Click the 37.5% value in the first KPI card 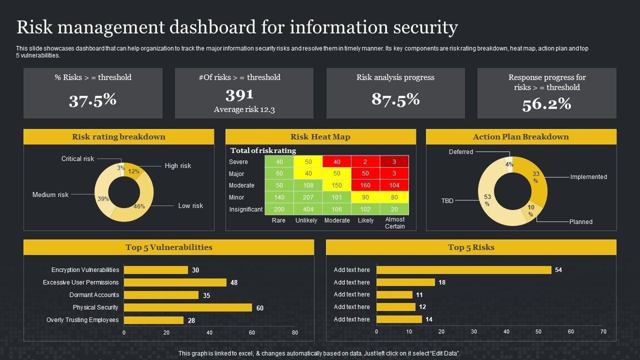[x=92, y=100]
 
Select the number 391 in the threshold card [x=239, y=94]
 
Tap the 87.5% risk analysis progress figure [x=395, y=99]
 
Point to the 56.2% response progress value [x=546, y=104]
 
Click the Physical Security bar [x=187, y=307]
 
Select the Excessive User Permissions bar [x=175, y=282]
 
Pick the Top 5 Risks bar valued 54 [x=463, y=270]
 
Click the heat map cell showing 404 [x=308, y=209]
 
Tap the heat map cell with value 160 [x=365, y=185]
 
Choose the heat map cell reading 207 [x=308, y=197]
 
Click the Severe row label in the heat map [x=238, y=162]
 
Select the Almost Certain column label [x=394, y=223]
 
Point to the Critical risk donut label [x=77, y=159]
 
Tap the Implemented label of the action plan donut [x=588, y=177]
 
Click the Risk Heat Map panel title [x=320, y=137]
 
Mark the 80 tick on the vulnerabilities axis [x=294, y=333]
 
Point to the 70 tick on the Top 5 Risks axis [x=603, y=331]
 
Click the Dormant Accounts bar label [x=94, y=295]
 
